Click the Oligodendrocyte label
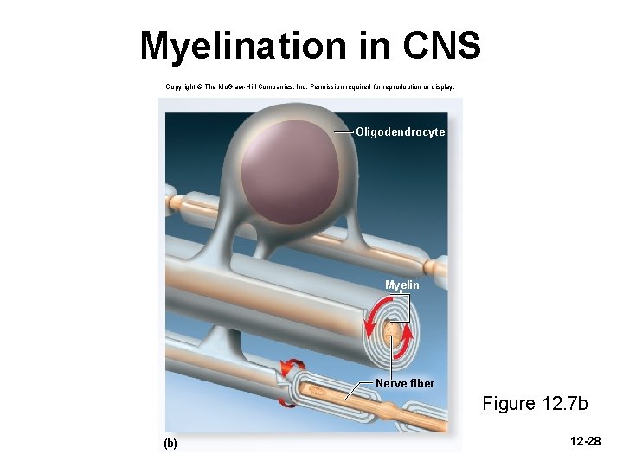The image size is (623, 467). (400, 132)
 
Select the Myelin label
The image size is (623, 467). (402, 285)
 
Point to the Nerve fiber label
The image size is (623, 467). (405, 383)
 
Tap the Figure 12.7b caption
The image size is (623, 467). (535, 404)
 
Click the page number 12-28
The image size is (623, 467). (586, 442)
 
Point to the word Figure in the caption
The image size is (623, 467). (509, 404)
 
